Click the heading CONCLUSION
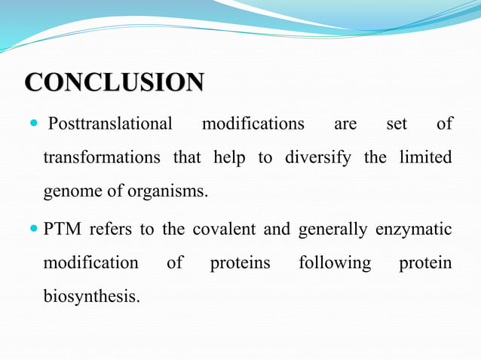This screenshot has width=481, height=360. click(114, 82)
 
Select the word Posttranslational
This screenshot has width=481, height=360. click(110, 124)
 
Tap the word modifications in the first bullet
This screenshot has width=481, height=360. click(253, 124)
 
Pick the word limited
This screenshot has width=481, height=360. click(422, 157)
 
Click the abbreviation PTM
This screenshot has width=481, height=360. click(63, 229)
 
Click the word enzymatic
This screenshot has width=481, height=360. click(414, 229)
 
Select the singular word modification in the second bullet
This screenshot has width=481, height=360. click(90, 263)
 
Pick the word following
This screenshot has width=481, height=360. click(335, 263)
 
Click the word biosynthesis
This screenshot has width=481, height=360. click(91, 297)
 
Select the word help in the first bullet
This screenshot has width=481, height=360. click(229, 157)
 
